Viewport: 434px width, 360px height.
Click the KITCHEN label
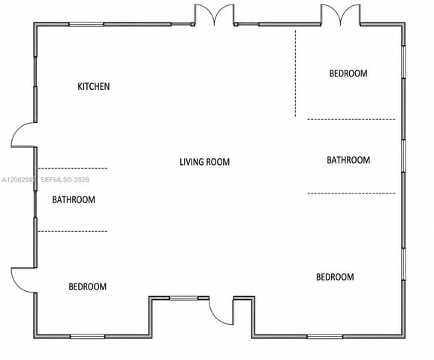(x=94, y=86)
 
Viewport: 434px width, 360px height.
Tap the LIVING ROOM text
(x=204, y=162)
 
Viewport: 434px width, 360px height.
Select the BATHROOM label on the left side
(x=74, y=199)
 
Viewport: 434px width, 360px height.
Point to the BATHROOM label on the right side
(x=348, y=160)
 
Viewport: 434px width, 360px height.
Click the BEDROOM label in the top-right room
(x=348, y=73)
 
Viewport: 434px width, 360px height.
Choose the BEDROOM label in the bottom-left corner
(x=87, y=286)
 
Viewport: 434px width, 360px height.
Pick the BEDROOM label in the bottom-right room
(x=335, y=277)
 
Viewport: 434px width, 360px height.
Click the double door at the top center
(x=214, y=15)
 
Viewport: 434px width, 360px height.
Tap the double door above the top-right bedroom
(x=340, y=15)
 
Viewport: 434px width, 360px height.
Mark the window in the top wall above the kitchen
(x=86, y=24)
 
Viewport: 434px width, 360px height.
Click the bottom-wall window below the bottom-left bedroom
(x=87, y=337)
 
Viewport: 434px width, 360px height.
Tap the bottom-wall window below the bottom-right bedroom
(x=325, y=337)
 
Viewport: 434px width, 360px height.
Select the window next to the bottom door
(x=184, y=298)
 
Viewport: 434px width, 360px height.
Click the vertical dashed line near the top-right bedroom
(x=295, y=73)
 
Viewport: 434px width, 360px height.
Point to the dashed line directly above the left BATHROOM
(x=73, y=168)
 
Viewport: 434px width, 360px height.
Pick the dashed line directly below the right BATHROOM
(x=351, y=193)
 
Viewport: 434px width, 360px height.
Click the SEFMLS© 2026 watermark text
(x=65, y=180)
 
